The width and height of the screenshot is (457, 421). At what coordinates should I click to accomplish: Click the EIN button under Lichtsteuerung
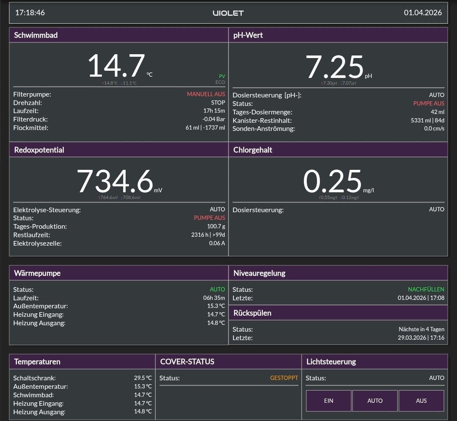point(328,401)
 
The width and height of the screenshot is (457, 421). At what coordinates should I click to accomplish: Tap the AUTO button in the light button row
point(375,401)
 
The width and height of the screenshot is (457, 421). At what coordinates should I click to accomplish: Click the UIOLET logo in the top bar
point(228,13)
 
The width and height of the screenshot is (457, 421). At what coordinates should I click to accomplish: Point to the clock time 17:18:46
point(30,13)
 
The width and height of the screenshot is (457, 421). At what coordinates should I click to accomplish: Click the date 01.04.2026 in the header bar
point(423,13)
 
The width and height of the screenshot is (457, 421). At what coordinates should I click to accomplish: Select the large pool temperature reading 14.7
point(116,66)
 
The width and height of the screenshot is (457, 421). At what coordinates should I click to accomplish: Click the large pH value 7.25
point(334,67)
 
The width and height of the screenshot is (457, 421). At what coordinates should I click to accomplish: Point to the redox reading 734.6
point(115,181)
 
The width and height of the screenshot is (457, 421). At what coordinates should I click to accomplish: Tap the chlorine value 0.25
point(332,181)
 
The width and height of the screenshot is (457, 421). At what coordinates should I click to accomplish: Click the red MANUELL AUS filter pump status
point(206,94)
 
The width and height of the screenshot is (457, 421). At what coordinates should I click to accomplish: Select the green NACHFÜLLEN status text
point(426,289)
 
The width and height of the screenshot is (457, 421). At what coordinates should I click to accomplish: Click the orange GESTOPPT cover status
point(284,378)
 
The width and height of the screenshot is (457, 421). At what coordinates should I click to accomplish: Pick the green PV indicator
point(222,76)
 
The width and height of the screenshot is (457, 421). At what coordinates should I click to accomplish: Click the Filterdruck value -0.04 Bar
point(214,119)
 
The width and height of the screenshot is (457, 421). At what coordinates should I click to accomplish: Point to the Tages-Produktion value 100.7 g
point(216,226)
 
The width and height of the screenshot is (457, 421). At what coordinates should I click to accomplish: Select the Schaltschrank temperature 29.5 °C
point(143,378)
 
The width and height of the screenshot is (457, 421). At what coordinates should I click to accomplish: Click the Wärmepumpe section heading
point(37,273)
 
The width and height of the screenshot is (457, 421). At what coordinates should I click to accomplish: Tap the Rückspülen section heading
point(252,313)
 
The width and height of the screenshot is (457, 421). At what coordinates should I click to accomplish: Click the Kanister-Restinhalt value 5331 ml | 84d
point(427,120)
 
